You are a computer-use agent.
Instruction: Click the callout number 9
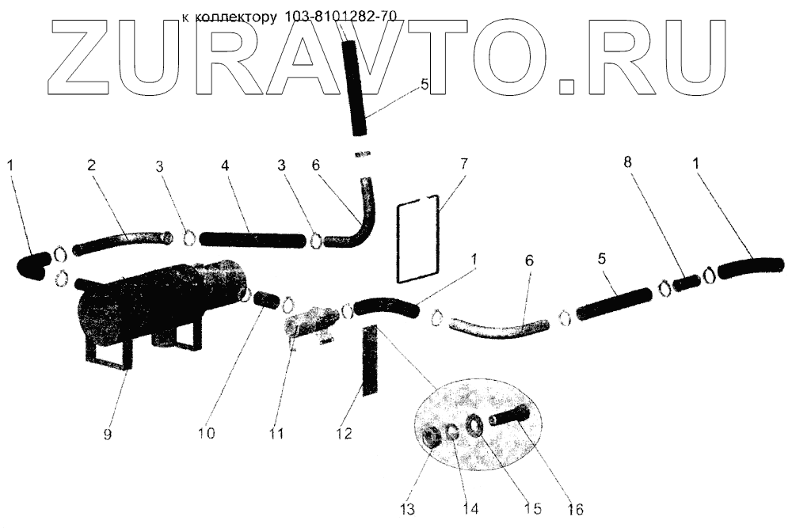pos(108,435)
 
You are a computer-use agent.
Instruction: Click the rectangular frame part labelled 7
pos(417,237)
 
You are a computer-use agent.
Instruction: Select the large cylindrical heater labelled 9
pos(158,301)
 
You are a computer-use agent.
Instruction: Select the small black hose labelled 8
pos(687,280)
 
